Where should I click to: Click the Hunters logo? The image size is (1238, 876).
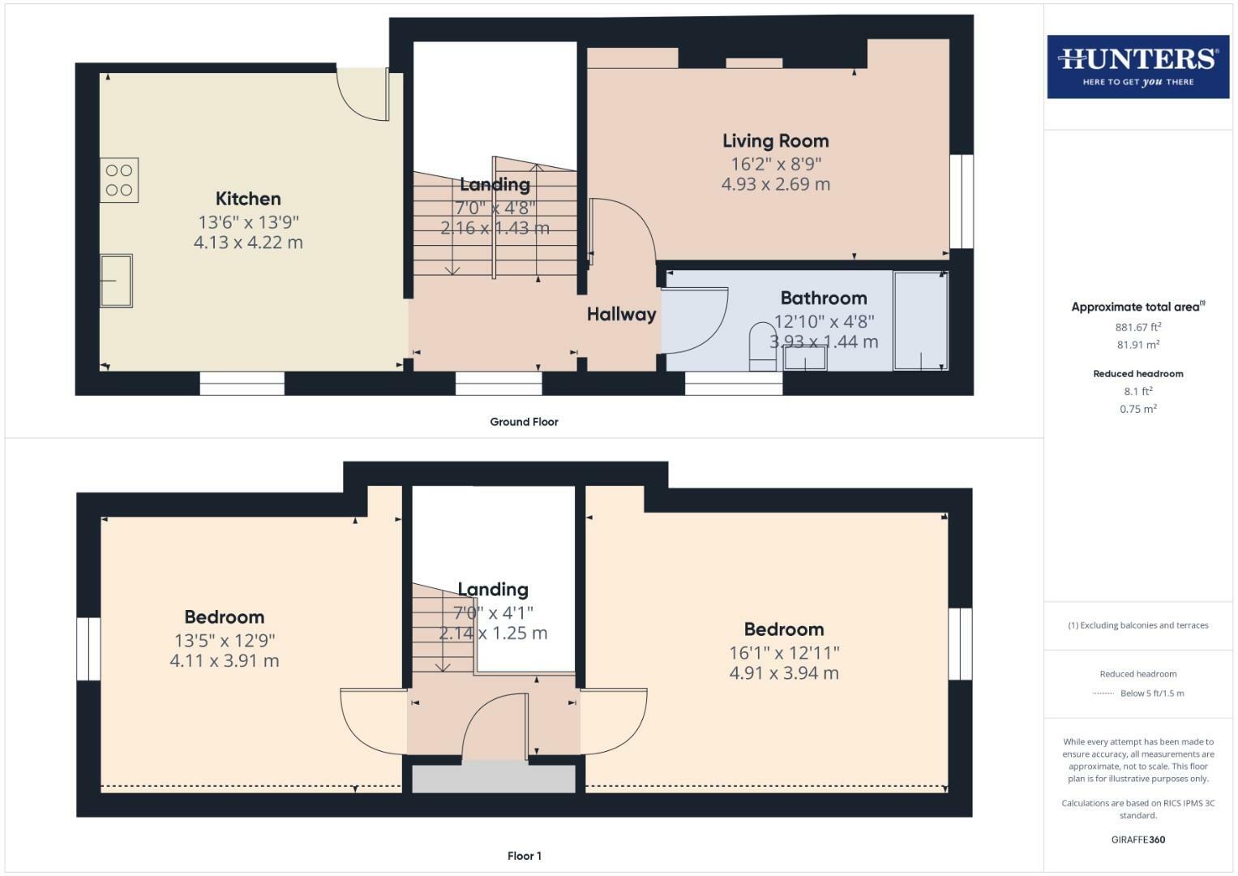1137,67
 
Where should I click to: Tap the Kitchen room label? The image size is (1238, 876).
248,199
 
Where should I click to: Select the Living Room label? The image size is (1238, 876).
775,141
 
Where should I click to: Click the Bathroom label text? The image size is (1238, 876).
824,298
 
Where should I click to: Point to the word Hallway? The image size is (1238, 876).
621,315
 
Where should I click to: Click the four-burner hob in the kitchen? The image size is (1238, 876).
119,180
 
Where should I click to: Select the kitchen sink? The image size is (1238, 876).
116,281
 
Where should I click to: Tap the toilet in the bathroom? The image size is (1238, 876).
762,346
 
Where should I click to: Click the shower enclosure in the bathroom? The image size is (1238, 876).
920,321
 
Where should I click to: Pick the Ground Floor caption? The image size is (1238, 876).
524,422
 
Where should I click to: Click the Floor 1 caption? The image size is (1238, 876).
524,856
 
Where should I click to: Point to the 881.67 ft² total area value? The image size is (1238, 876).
1137,327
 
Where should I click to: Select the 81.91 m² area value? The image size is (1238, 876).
1137,345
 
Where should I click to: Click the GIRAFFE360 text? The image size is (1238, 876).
1137,839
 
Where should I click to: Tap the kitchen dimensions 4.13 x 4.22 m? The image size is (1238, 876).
248,243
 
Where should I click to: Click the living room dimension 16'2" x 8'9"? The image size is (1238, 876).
775,163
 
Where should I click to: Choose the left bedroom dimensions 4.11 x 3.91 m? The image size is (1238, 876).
224,661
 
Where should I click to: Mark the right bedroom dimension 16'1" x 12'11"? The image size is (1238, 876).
783,652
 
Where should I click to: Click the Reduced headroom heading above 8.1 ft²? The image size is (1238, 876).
1137,374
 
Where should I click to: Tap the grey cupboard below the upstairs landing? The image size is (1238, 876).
493,779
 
